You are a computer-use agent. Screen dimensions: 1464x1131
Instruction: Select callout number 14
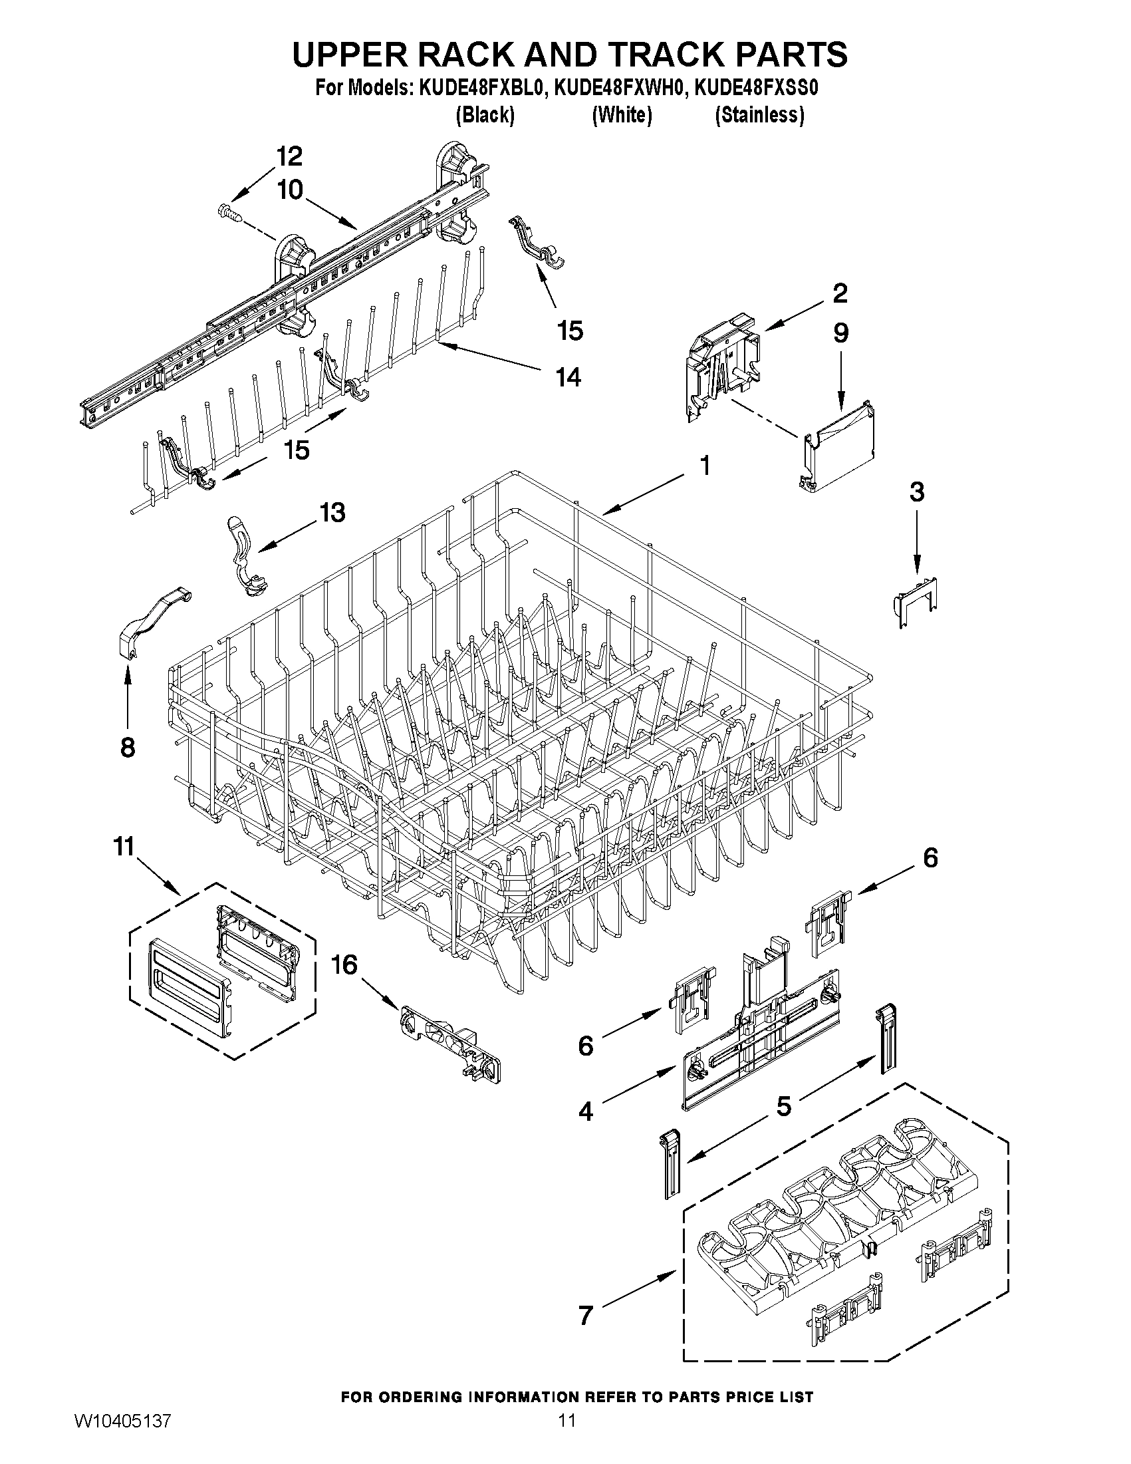click(x=568, y=377)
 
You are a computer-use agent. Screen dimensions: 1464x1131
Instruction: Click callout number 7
click(x=586, y=1315)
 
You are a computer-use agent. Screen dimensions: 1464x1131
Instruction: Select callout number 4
click(x=586, y=1111)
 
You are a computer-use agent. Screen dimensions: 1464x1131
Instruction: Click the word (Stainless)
click(x=759, y=115)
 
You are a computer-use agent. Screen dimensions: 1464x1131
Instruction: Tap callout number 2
click(x=840, y=293)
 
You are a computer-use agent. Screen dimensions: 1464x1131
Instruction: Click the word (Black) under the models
click(x=485, y=115)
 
